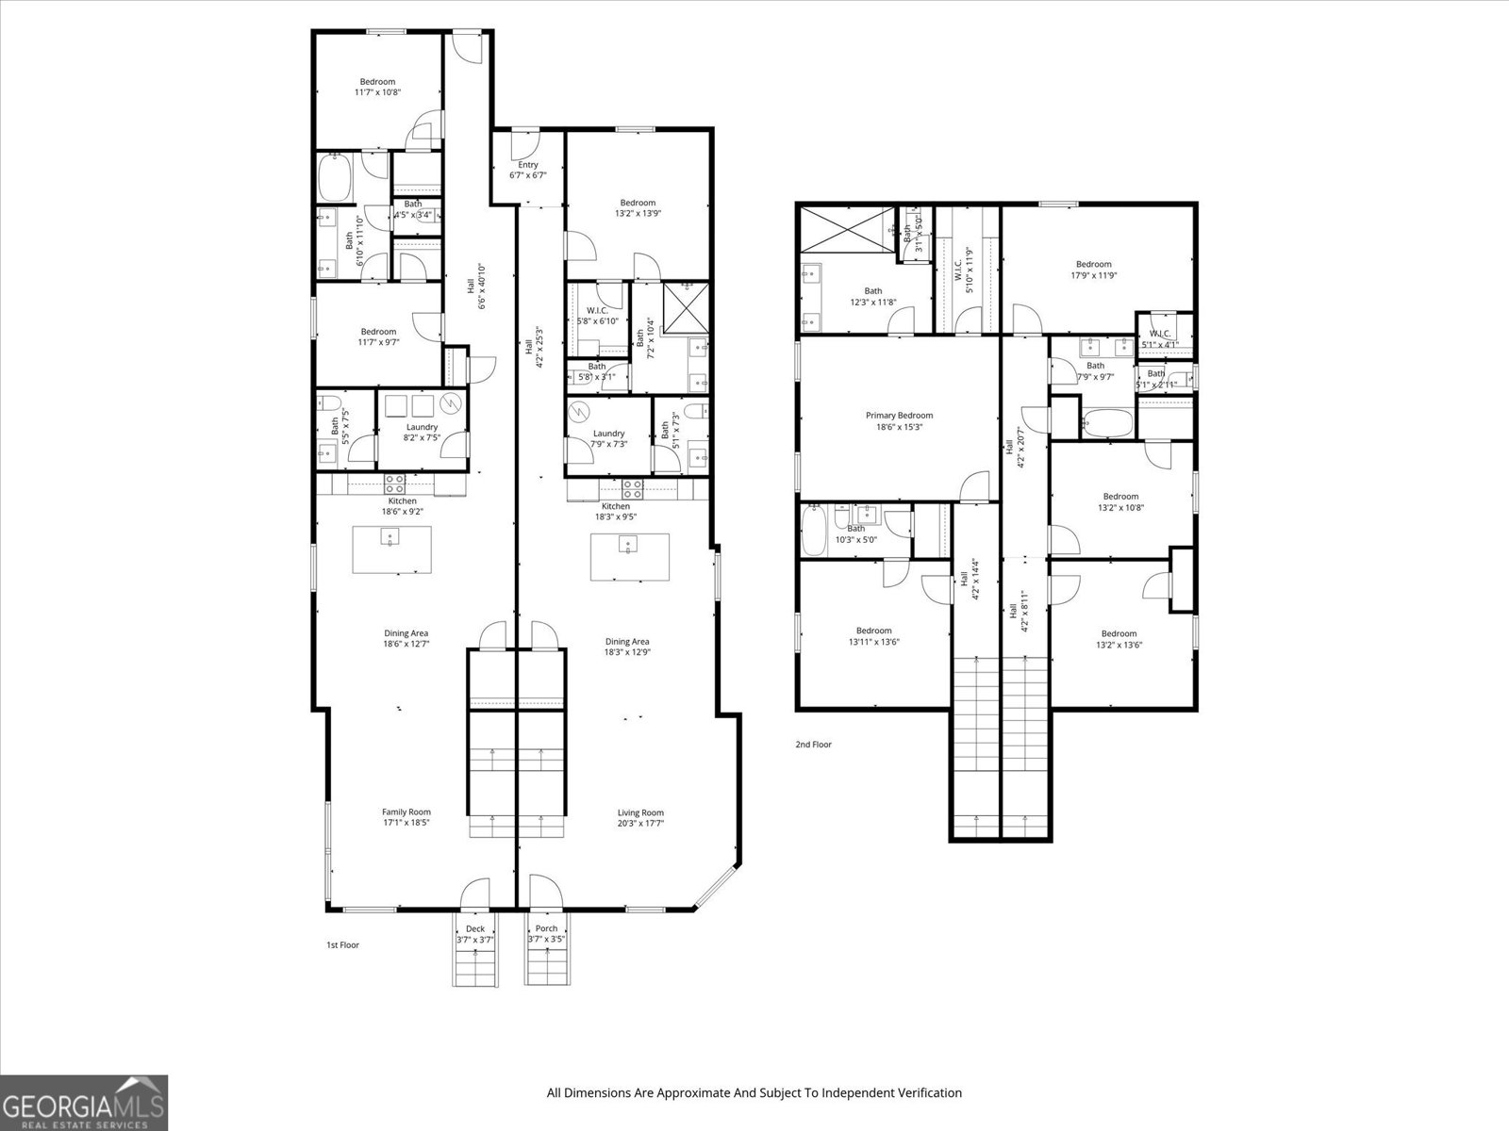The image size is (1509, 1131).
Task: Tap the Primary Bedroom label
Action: (899, 420)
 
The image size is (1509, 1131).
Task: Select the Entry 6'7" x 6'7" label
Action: (528, 170)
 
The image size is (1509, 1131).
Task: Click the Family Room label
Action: (406, 817)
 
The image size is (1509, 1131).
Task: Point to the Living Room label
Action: (640, 817)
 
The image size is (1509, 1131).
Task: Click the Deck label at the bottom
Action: (474, 933)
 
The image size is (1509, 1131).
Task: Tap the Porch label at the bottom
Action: (546, 933)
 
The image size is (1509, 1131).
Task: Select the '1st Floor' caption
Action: (342, 944)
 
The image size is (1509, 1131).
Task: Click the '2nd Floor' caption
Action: (813, 744)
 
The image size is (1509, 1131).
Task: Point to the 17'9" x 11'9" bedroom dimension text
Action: (1094, 275)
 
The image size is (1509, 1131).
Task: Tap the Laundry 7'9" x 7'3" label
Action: (609, 438)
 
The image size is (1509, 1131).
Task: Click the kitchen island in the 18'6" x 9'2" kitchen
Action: (392, 549)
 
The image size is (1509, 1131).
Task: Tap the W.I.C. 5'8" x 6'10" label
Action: (598, 316)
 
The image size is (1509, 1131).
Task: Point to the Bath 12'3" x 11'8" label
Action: (873, 296)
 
